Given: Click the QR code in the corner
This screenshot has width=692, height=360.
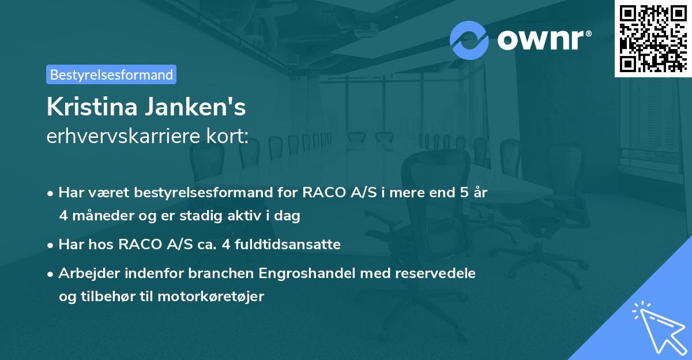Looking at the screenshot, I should pyautogui.click(x=653, y=38).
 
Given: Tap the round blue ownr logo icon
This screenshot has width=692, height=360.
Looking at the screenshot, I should pyautogui.click(x=469, y=40).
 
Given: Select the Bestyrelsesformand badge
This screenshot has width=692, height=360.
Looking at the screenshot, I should pyautogui.click(x=111, y=74).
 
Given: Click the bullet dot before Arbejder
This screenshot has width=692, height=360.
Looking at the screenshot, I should pyautogui.click(x=51, y=273).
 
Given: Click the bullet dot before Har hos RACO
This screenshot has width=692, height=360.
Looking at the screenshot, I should pyautogui.click(x=51, y=245).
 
